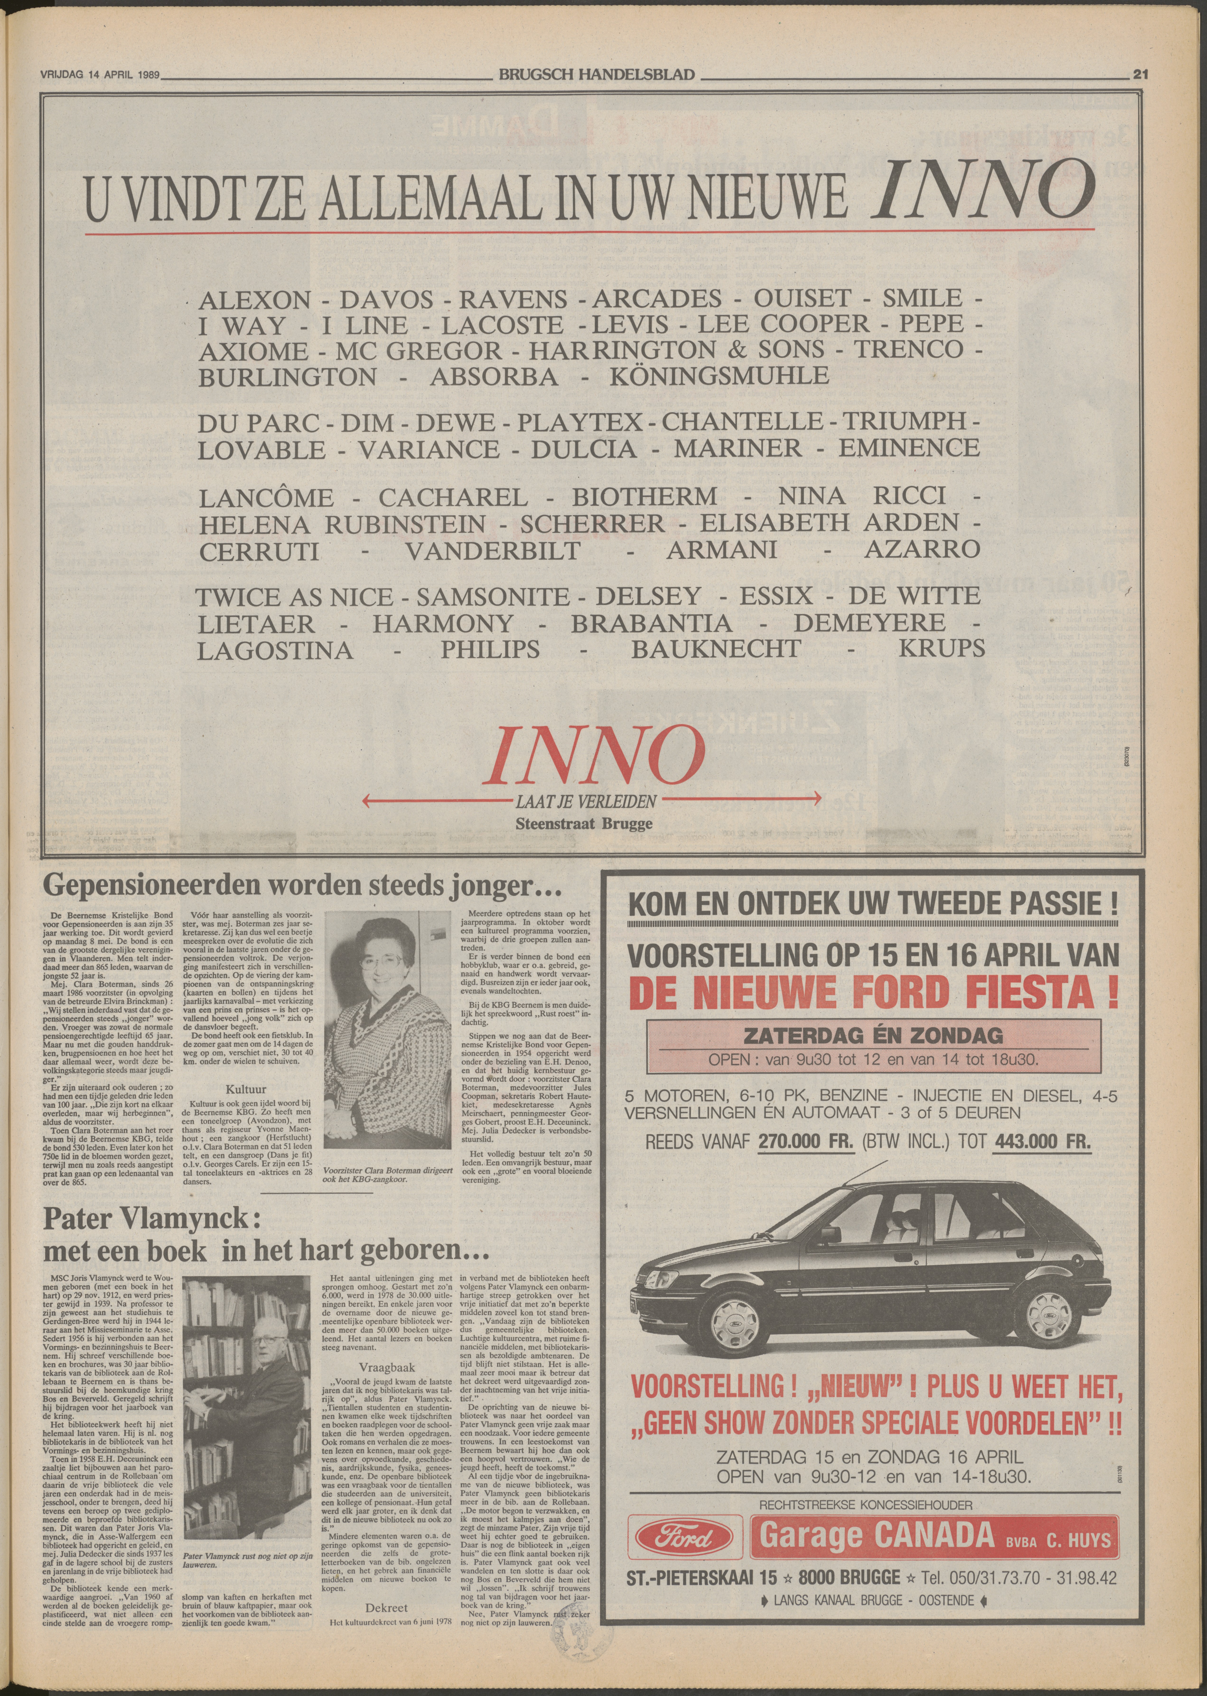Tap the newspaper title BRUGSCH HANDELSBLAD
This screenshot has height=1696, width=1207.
[597, 74]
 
